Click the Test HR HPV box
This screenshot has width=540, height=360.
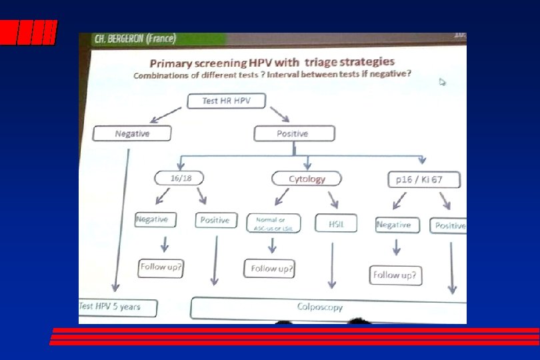click(225, 101)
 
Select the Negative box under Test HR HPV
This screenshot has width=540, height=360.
click(132, 134)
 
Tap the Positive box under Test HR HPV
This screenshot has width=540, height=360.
click(292, 134)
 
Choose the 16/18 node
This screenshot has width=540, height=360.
click(178, 178)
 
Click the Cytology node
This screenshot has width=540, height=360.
click(307, 179)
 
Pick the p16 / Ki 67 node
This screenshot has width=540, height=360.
click(423, 180)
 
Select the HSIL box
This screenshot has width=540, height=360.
click(335, 223)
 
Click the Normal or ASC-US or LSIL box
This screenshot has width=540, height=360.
click(274, 223)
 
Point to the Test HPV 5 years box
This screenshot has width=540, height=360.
click(118, 307)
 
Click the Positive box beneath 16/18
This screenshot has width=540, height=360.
click(215, 220)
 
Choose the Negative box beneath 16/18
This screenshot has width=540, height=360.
click(152, 219)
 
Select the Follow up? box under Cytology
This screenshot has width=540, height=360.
click(269, 269)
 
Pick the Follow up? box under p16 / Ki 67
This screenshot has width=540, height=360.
click(395, 275)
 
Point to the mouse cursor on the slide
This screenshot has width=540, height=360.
click(441, 81)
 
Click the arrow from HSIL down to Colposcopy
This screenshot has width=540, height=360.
click(331, 265)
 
